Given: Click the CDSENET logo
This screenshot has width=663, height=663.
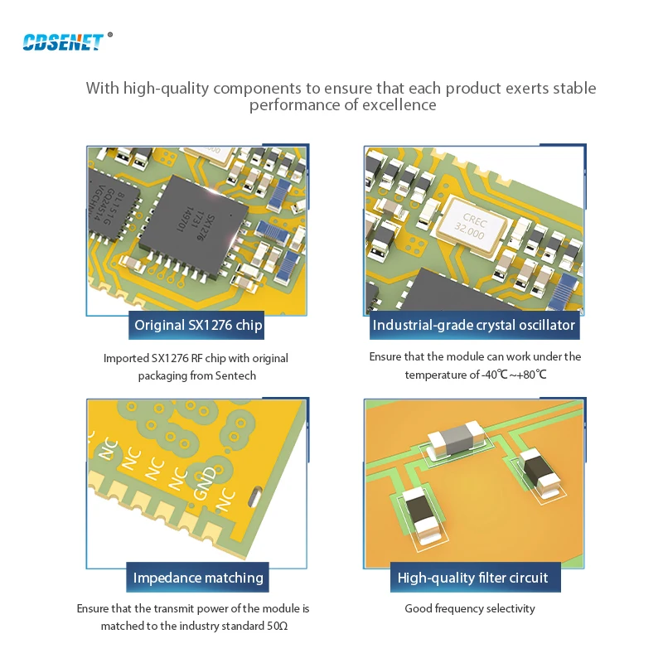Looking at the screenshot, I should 63,41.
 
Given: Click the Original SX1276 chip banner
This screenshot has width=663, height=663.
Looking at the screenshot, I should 198,326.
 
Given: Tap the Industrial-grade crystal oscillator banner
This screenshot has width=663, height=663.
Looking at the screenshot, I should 473,326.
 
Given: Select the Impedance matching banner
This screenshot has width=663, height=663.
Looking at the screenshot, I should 198,578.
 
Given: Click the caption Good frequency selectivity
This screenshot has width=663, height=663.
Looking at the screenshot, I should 470,609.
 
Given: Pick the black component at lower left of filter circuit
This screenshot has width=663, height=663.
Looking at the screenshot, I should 423,514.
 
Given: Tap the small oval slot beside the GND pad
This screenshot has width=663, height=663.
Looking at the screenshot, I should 254,497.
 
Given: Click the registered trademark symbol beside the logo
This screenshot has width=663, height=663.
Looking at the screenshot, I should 110,35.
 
